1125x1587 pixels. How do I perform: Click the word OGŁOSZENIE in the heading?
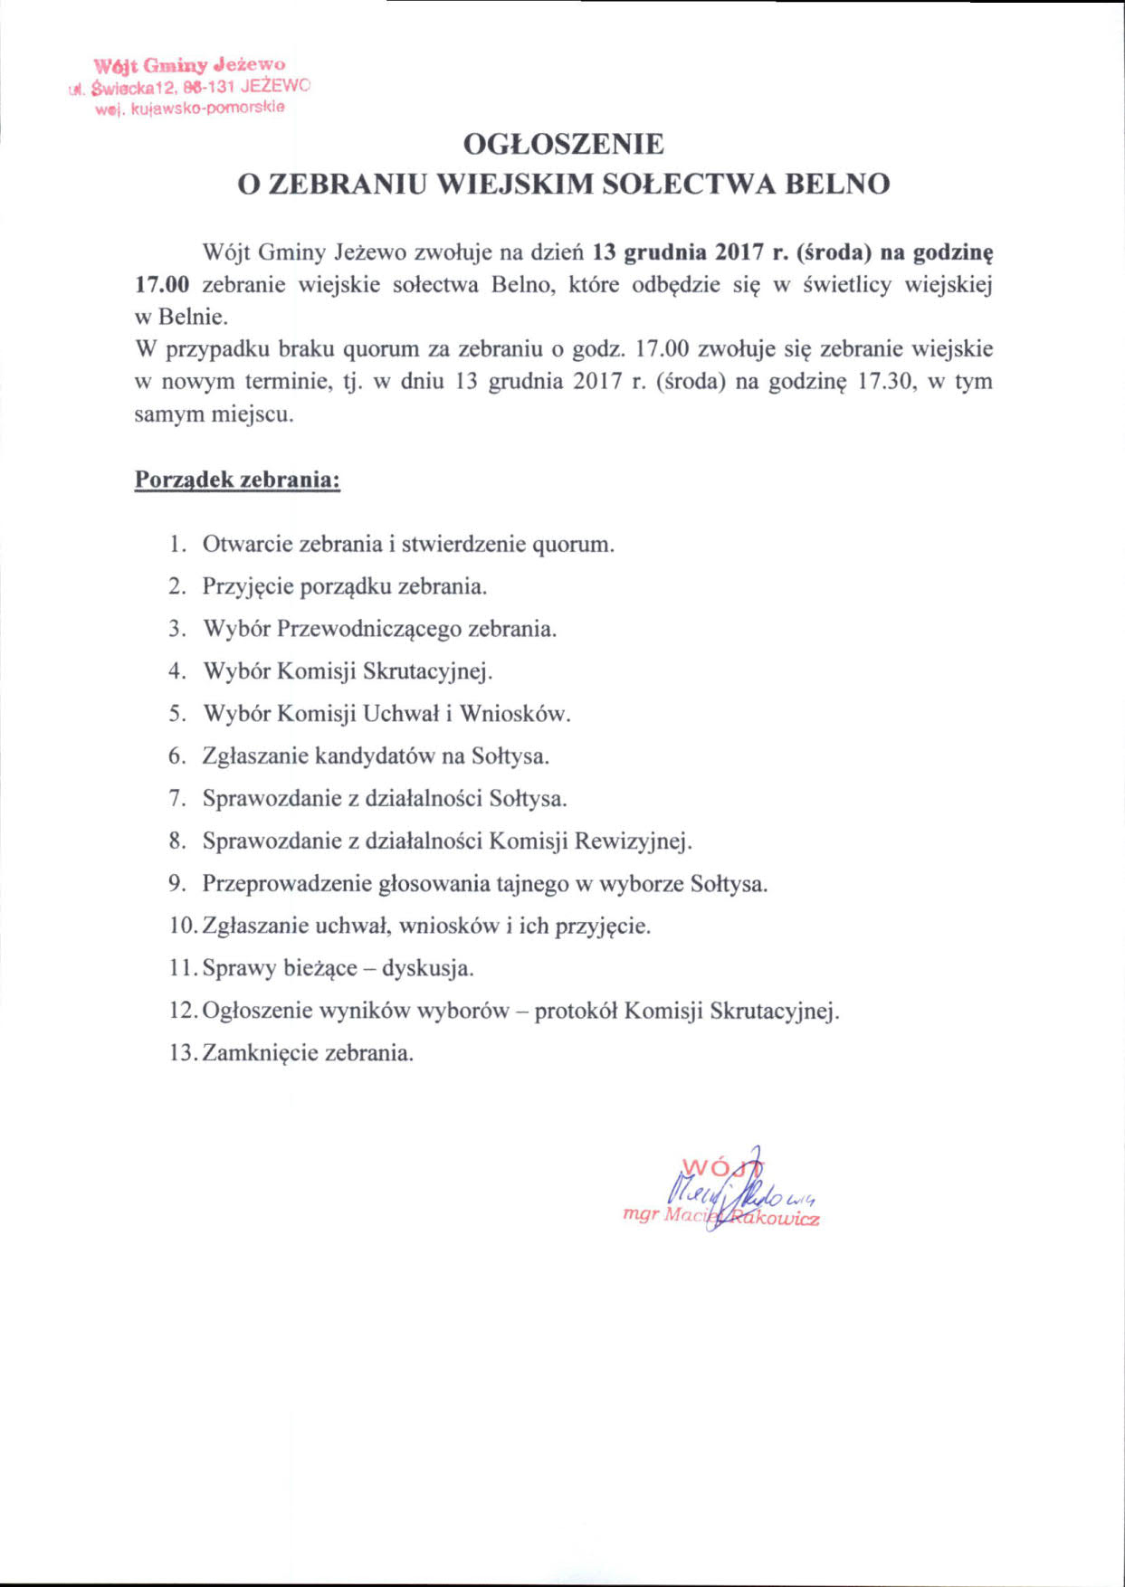point(563,144)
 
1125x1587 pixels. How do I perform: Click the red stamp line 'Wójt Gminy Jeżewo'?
point(189,65)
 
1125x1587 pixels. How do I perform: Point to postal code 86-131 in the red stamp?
point(208,87)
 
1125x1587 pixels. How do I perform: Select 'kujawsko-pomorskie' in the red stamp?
point(208,108)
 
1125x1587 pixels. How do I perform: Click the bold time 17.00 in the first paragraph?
point(162,285)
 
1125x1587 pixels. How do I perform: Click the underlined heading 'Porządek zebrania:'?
point(237,480)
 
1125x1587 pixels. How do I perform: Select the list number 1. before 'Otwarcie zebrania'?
point(177,545)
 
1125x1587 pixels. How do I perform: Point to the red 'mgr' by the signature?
point(641,1214)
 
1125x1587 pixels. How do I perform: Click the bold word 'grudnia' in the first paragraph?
point(666,252)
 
